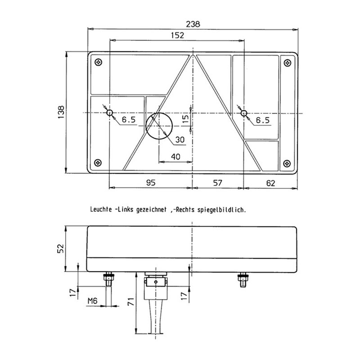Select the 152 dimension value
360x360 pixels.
177,36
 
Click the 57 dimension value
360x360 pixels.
218,182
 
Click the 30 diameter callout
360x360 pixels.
180,140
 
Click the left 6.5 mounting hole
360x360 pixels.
109,112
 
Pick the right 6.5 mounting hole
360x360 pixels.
243,112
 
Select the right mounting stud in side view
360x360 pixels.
242,280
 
